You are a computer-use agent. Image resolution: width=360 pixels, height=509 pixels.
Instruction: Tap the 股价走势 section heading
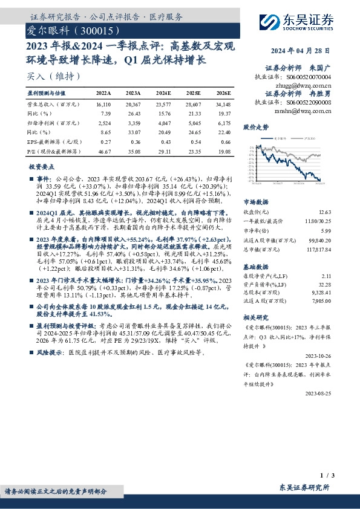pos(256,128)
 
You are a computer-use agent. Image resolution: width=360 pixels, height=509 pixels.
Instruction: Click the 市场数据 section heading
pos(256,203)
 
